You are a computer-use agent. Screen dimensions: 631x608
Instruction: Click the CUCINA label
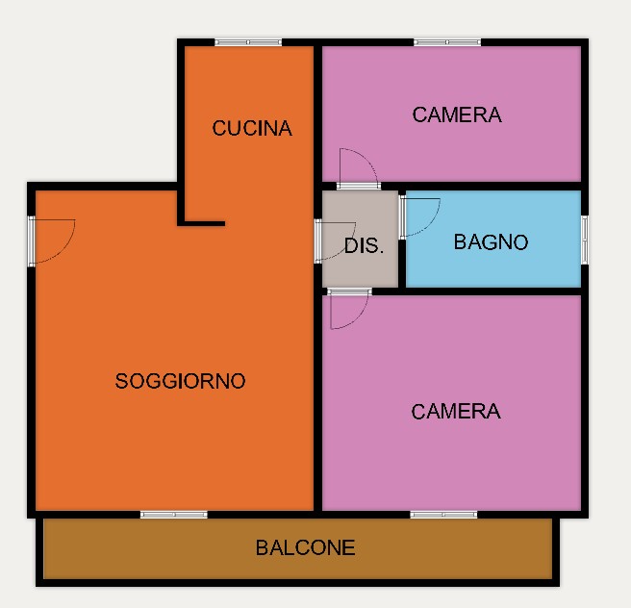(252, 128)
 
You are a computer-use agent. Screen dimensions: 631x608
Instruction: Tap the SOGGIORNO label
(180, 381)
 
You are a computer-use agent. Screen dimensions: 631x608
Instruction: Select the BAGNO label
(491, 242)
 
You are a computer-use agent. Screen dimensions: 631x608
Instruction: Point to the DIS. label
(364, 245)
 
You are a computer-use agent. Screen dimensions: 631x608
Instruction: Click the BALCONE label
(306, 547)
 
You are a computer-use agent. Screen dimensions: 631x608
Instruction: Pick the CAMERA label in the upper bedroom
(457, 115)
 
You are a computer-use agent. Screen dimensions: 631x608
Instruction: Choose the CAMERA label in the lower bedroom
(456, 412)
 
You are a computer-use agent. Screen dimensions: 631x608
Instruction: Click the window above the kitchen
(248, 42)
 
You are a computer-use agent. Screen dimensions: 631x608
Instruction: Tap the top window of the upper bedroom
(447, 42)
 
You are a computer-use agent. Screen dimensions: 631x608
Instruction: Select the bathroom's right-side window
(585, 240)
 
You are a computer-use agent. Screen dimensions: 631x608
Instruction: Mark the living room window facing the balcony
(174, 515)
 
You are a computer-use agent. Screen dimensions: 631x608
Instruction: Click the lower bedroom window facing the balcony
(443, 515)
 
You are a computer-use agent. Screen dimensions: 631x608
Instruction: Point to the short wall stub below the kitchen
(201, 223)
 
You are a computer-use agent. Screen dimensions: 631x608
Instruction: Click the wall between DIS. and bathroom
(402, 264)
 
